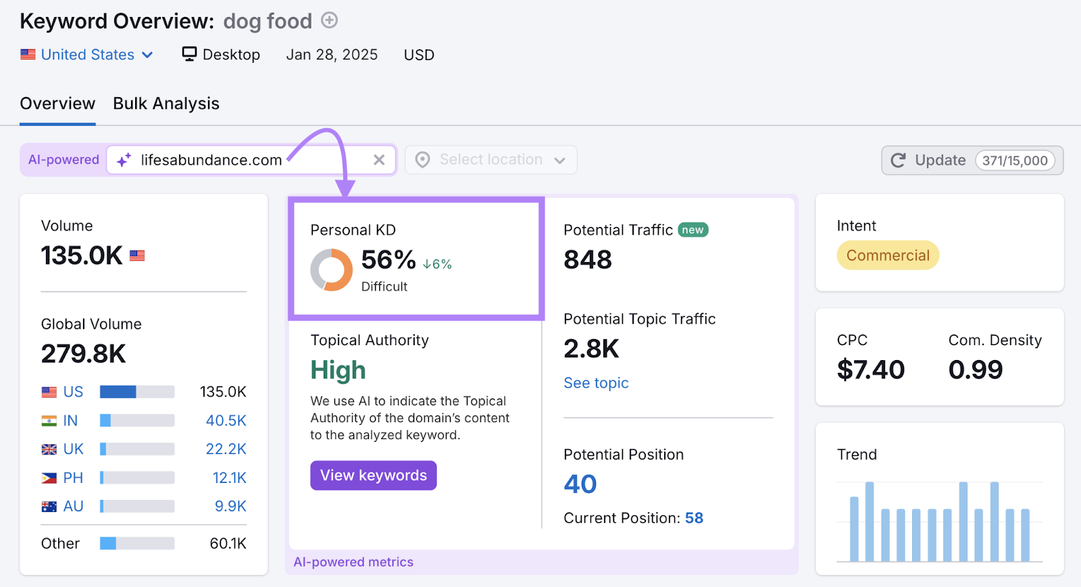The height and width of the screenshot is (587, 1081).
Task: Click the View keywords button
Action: coord(373,476)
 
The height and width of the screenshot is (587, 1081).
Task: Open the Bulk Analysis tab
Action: coord(166,103)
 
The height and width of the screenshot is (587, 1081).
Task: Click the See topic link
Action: coord(596,383)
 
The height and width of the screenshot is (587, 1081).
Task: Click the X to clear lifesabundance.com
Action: coord(379,160)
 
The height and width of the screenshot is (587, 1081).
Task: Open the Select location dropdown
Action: coord(491,160)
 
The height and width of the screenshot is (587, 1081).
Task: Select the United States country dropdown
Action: coord(88,55)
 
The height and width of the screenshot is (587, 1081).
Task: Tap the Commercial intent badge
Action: coord(888,255)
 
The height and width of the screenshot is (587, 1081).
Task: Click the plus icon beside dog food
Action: coord(329,20)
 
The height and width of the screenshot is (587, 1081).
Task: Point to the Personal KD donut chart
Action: coord(331,270)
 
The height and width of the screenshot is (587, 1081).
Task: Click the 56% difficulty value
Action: coord(388,260)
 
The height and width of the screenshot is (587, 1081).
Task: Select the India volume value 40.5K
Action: coord(226,421)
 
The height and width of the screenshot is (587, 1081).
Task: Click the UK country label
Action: coord(73,449)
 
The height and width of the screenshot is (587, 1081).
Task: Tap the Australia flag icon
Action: coord(49,507)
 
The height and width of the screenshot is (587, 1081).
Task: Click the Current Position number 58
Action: coord(694,518)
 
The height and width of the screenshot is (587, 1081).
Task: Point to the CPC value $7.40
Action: coord(870,369)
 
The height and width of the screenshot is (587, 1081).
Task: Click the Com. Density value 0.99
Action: coord(975,369)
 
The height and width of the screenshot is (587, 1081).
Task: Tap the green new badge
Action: coord(693,230)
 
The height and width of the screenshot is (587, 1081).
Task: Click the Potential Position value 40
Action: coord(580,484)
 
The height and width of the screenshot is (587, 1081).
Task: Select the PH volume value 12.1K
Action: coord(229,478)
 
